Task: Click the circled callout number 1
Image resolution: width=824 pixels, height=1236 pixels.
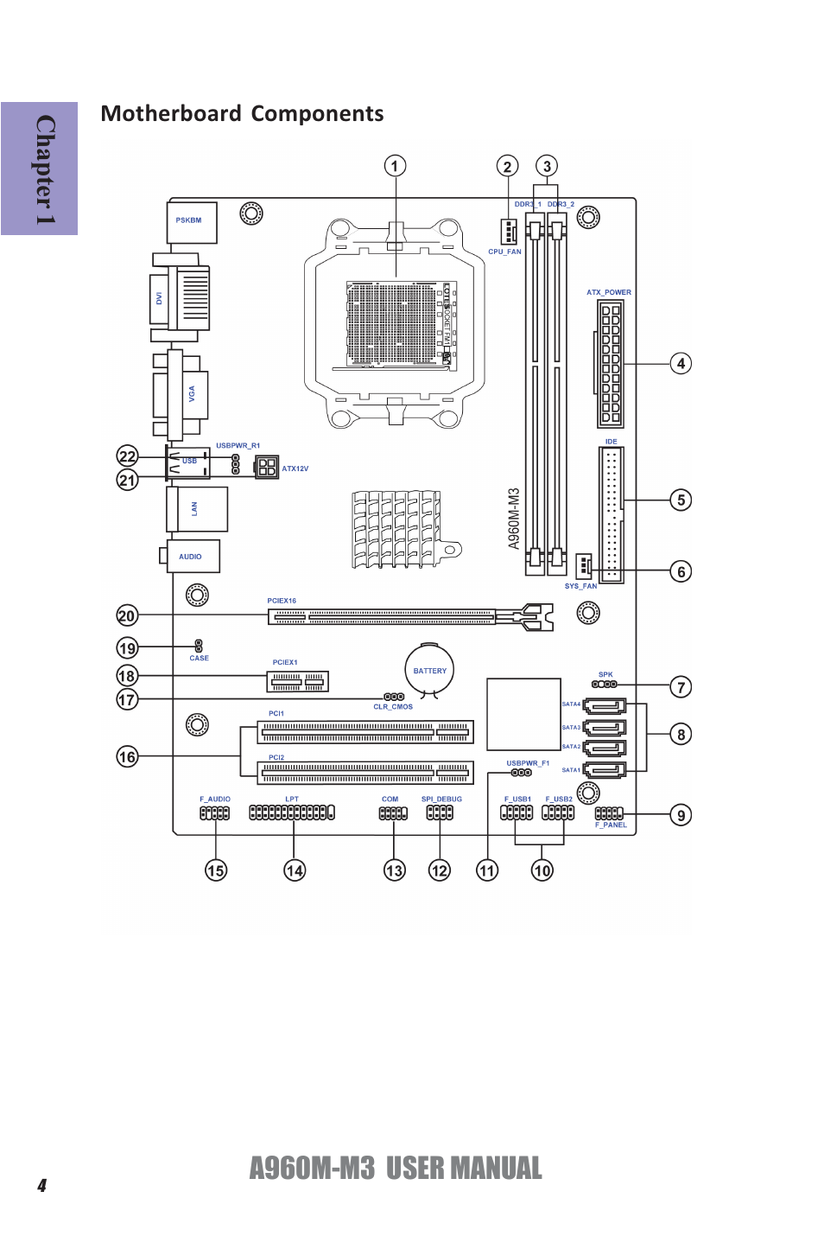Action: pos(395,166)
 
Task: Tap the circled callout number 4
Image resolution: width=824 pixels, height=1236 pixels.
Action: pos(681,364)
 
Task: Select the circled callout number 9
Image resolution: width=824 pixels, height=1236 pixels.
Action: pos(681,815)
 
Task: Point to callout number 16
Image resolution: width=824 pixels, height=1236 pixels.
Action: pos(127,757)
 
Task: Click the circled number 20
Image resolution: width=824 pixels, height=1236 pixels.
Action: pos(127,615)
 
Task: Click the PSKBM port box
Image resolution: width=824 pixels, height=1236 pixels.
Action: pos(191,222)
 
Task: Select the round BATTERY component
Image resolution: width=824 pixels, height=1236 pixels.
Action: pos(429,670)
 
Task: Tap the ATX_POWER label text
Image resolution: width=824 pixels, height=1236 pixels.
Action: pos(608,292)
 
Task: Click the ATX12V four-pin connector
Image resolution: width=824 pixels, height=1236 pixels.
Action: pos(267,468)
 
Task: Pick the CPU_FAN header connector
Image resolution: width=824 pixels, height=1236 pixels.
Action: pos(508,231)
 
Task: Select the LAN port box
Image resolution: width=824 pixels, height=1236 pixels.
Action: pos(198,509)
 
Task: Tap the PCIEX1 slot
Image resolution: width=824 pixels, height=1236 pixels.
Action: pos(298,682)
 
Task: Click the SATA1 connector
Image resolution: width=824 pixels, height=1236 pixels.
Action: pos(604,770)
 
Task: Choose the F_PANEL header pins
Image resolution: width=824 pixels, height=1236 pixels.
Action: pos(609,813)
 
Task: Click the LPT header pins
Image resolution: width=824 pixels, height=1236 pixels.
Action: pos(291,812)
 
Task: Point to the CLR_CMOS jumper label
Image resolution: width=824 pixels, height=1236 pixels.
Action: pos(393,707)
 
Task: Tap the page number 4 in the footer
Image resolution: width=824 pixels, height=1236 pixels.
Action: pos(41,1186)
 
